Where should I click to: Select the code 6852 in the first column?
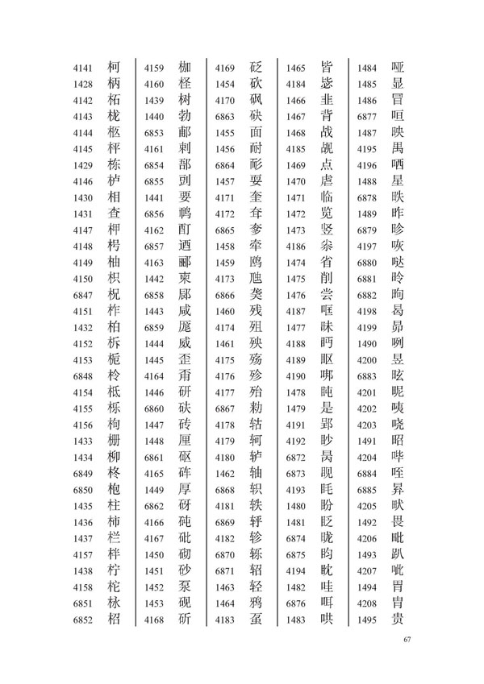pos(84,620)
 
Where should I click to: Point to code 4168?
pos(155,620)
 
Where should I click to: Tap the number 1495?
pos(366,620)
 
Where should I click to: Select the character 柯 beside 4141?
pos(115,67)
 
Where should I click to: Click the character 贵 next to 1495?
pos(397,620)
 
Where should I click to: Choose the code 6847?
pos(84,297)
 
